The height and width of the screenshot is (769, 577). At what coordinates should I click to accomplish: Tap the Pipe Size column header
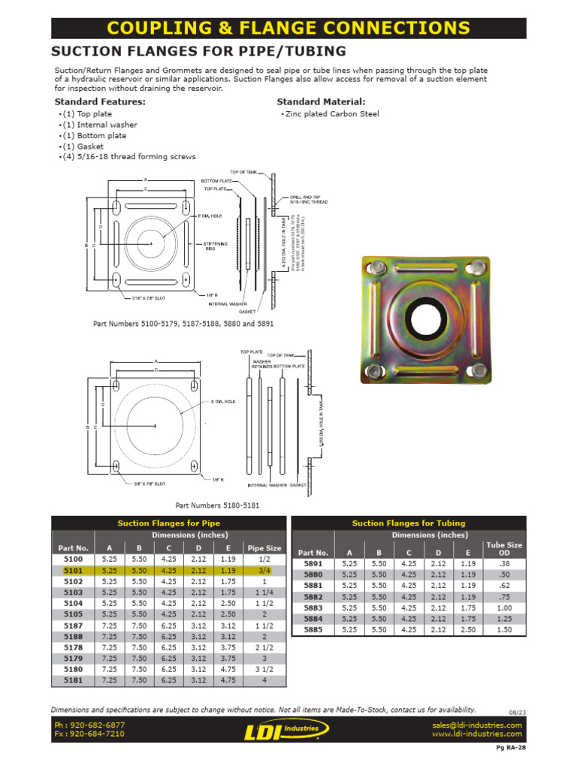click(x=264, y=548)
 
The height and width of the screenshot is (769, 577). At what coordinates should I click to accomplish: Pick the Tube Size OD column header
click(x=504, y=549)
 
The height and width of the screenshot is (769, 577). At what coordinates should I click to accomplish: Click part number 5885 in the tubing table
click(x=313, y=630)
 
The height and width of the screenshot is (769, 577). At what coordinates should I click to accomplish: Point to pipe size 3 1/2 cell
click(x=264, y=669)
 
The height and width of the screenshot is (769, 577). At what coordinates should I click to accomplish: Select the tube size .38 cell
click(x=504, y=563)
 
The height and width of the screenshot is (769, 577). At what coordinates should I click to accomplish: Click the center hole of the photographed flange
click(x=425, y=319)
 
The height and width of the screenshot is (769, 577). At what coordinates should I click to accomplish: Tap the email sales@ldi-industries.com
click(x=476, y=725)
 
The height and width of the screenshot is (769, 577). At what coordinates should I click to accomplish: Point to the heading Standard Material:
click(x=321, y=101)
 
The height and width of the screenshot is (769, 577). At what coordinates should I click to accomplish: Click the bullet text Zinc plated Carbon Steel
click(x=331, y=114)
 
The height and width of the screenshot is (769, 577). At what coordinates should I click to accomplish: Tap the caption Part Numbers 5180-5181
click(x=217, y=505)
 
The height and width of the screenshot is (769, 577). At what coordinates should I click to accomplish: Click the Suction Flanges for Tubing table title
click(x=408, y=523)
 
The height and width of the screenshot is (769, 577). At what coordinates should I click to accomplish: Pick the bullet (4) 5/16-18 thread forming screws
click(x=128, y=157)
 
